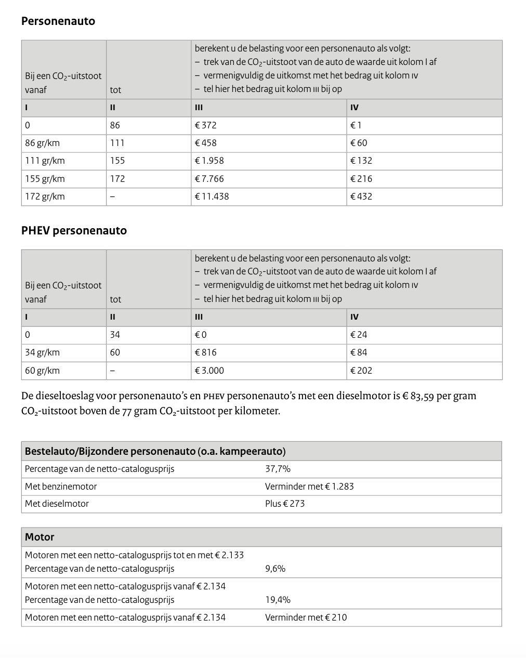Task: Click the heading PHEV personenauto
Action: (x=74, y=231)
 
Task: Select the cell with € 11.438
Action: (x=212, y=196)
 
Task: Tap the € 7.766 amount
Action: (x=209, y=179)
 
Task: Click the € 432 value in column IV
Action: (x=361, y=196)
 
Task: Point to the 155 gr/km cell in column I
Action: (x=45, y=179)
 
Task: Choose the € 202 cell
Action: (x=361, y=371)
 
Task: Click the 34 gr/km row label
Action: (x=42, y=352)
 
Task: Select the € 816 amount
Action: (x=205, y=352)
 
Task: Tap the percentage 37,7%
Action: (x=278, y=469)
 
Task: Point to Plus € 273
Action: (x=285, y=504)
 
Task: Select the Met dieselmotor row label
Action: (x=57, y=504)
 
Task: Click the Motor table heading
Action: (x=40, y=537)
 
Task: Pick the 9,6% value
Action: (x=275, y=569)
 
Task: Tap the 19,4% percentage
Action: (x=278, y=600)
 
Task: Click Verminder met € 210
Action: (x=306, y=617)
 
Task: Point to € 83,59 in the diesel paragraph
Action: (x=418, y=396)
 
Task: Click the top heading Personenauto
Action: (x=58, y=21)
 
